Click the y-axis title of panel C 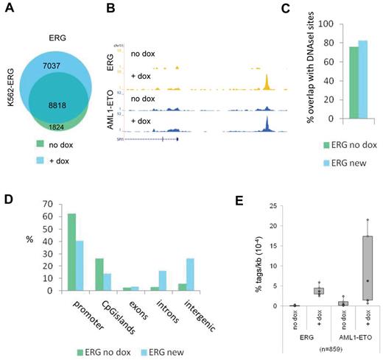click(x=275, y=71)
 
